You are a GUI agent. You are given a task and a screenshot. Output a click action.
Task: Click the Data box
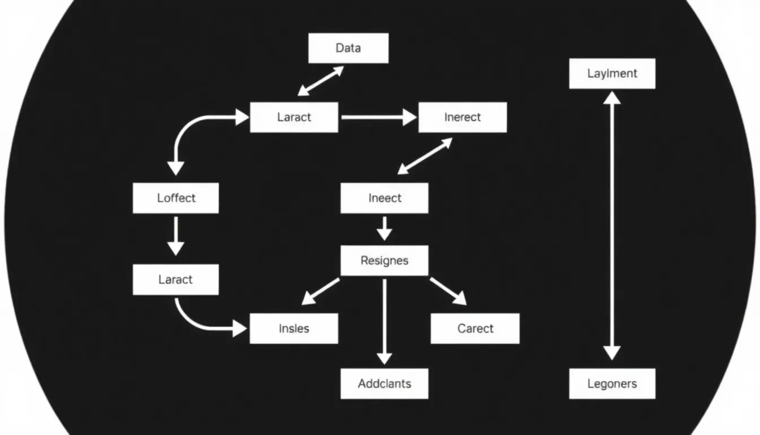coord(348,48)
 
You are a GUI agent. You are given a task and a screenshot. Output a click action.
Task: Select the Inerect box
coord(462,117)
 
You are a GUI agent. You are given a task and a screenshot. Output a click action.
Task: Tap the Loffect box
coord(176,198)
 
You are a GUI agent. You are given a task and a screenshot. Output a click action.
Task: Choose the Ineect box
coord(385,198)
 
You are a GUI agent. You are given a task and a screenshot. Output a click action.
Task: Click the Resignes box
coord(385,261)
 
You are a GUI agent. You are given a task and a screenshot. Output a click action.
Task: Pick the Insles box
coord(294,329)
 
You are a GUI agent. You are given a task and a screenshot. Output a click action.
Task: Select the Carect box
coord(475,329)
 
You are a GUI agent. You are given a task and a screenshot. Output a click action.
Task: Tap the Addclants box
coord(385,383)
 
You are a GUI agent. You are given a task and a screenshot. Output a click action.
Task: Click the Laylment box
coord(612,74)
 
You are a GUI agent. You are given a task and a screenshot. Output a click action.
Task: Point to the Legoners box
coord(612,383)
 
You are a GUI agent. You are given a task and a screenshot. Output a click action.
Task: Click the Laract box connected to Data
coord(294,117)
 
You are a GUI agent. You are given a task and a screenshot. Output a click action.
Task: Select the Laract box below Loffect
coord(176,279)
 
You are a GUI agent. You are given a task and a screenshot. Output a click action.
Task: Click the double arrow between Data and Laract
coord(321,80)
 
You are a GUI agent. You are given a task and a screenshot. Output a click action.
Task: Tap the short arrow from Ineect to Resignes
coord(385,228)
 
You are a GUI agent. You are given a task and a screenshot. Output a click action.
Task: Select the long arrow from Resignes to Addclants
coord(385,320)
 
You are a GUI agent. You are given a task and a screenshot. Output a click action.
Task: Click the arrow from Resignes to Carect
coord(448,291)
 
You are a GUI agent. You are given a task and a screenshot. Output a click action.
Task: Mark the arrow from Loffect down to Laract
coord(176,235)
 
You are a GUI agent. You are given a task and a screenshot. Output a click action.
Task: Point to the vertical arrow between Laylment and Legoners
coord(612,227)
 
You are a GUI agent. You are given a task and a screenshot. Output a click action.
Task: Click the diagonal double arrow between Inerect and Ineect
coord(425,156)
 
